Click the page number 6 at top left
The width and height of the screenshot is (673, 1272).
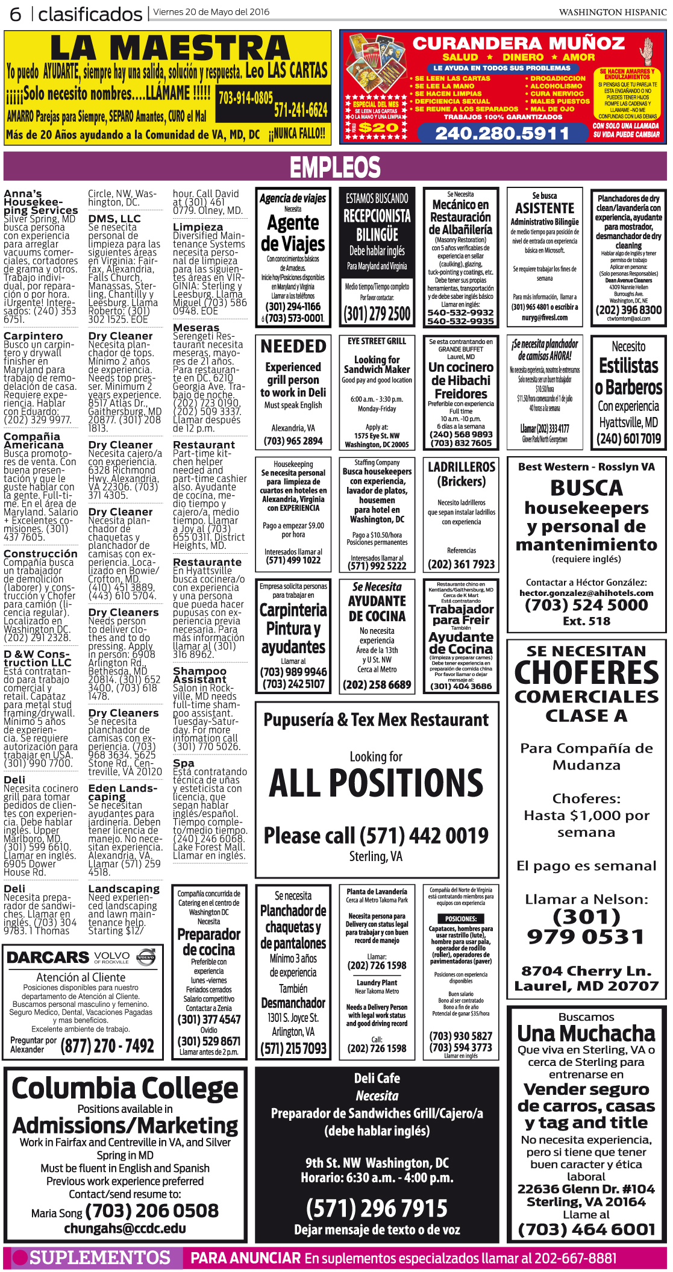15,13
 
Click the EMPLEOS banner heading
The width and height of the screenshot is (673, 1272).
335,167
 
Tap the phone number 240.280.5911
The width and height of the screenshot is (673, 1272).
501,133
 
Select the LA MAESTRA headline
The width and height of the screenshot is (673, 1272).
170,48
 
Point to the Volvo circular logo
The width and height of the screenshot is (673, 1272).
146,957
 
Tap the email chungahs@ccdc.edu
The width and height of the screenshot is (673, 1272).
125,1228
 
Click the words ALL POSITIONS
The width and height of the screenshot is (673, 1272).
376,783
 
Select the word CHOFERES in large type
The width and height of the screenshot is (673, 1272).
587,672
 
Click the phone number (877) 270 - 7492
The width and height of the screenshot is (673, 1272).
107,1046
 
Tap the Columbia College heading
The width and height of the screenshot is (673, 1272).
125,1088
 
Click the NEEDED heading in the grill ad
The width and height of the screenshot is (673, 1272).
293,346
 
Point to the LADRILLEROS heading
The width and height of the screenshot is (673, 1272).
462,467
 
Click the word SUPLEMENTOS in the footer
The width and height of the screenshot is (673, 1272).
100,1258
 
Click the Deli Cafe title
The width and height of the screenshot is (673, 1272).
377,1078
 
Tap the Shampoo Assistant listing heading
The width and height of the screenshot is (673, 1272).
199,675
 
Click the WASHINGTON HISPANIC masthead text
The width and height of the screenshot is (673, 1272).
612,12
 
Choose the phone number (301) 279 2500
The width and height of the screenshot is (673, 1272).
377,314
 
